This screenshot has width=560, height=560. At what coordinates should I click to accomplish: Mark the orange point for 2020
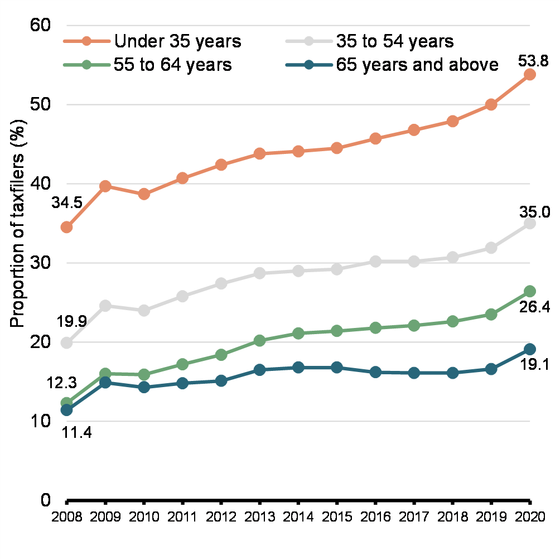coord(530,74)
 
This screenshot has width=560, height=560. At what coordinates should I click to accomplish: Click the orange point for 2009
coord(105,186)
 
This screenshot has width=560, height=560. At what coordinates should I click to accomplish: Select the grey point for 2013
coord(259,273)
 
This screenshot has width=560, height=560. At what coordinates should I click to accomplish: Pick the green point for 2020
coord(530,291)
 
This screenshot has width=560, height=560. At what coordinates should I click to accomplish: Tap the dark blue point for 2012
coord(221,381)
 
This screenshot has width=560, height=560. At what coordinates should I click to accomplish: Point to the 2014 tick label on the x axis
coord(298,516)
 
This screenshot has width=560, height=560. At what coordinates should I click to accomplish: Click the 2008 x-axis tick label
coord(66,516)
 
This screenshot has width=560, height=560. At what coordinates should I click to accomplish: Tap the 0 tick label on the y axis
coord(46,500)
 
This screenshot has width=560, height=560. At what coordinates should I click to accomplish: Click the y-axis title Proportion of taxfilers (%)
coord(18,223)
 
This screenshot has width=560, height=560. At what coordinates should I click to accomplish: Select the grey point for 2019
coord(491,248)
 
